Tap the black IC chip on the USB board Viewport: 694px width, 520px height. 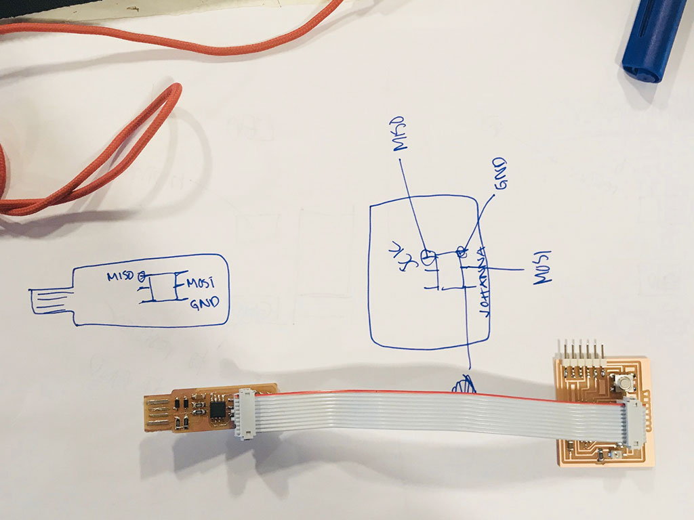click(219, 409)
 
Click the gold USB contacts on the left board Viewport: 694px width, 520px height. click(157, 413)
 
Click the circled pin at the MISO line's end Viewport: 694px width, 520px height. click(428, 257)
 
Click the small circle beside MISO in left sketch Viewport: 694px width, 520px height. click(142, 276)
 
